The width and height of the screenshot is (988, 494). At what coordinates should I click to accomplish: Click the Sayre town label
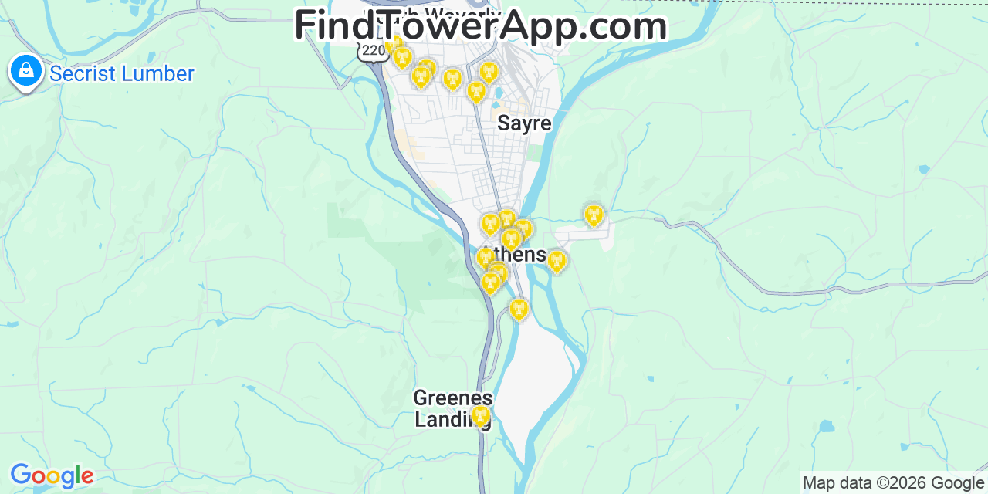pos(524,123)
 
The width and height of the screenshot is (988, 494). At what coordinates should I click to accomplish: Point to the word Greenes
pos(452,398)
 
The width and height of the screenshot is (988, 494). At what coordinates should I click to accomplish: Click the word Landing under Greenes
pos(452,419)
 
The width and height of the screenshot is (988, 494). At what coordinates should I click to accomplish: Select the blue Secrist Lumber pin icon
pos(26,71)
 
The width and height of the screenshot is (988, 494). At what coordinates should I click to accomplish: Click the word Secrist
pos(83,74)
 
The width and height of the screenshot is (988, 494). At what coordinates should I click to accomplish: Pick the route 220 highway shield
pos(373,51)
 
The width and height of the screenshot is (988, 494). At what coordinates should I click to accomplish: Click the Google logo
pos(51,475)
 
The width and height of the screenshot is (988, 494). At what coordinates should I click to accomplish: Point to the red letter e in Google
pos(88,477)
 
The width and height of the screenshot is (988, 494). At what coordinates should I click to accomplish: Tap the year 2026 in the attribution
pos(905,483)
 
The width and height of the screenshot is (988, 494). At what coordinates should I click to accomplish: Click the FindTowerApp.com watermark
pos(480,26)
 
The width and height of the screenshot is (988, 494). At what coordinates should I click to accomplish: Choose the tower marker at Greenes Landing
pos(481,416)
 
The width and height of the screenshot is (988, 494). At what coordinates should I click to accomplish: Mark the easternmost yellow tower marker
pos(593,215)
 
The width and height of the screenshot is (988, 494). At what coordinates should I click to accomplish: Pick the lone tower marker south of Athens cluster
pos(519,310)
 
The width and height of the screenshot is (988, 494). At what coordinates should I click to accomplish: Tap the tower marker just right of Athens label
pos(556,262)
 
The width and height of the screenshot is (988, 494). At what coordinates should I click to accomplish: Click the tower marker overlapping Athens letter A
pos(485,258)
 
